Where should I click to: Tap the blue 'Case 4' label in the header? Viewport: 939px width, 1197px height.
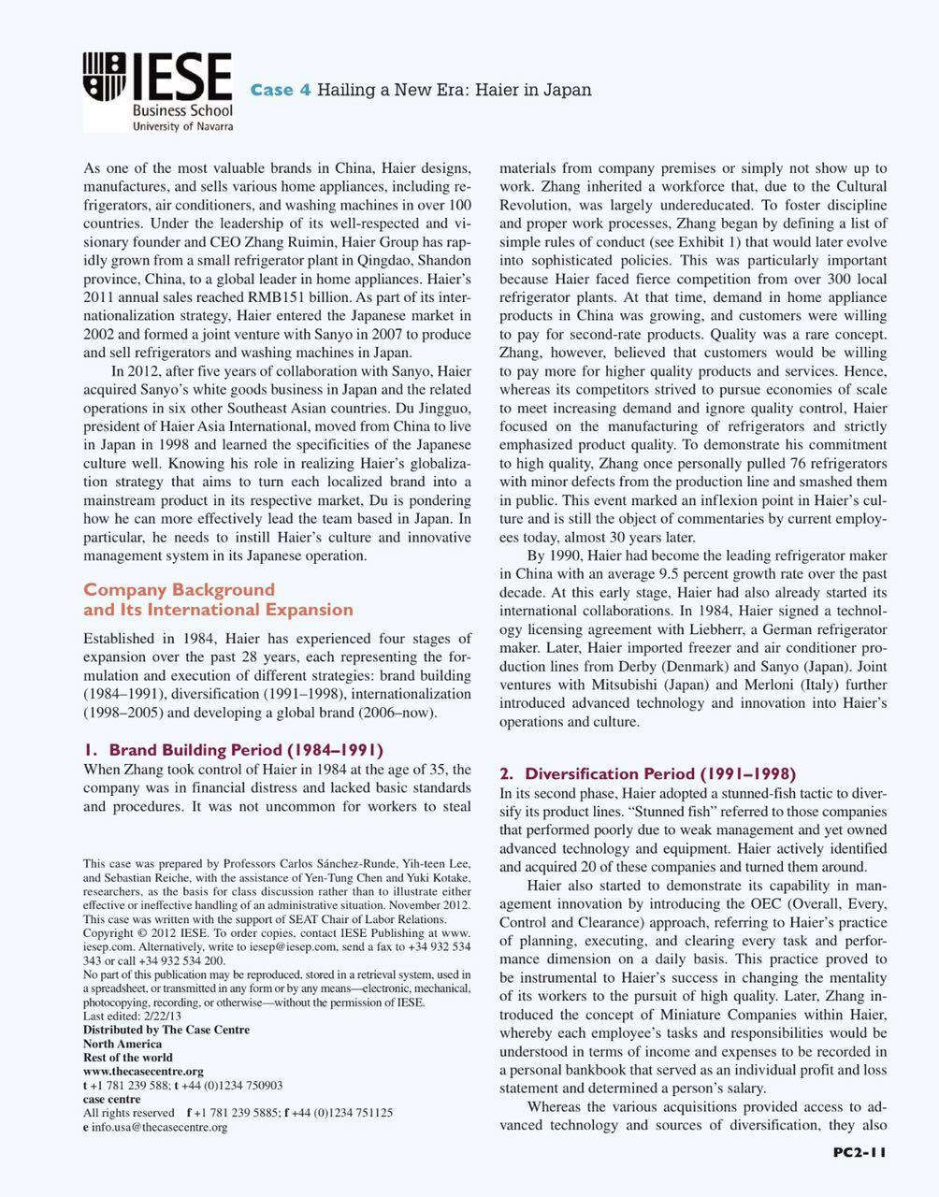point(281,90)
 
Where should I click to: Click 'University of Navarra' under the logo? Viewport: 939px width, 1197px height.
point(182,125)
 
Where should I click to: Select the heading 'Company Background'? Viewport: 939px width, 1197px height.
point(180,589)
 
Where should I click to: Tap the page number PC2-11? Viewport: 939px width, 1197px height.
point(859,1152)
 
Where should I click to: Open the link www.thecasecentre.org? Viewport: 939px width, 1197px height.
point(143,1071)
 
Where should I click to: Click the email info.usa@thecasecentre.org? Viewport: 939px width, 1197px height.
point(159,1127)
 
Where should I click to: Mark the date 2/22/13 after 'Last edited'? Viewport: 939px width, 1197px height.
point(158,1016)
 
